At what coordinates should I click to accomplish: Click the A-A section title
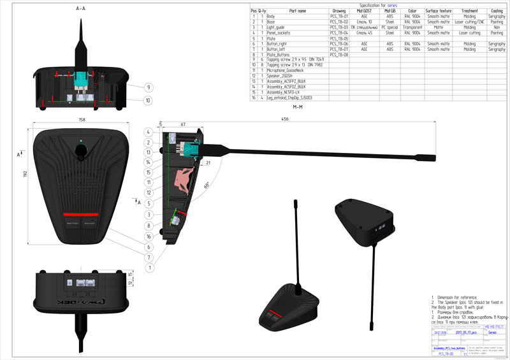pyautogui.click(x=80, y=9)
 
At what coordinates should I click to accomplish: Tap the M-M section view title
pyautogui.click(x=297, y=109)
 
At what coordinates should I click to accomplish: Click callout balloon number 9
pyautogui.click(x=148, y=87)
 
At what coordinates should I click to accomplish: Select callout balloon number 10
pyautogui.click(x=148, y=100)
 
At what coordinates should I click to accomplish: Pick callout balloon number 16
pyautogui.click(x=148, y=236)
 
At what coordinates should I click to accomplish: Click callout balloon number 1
pyautogui.click(x=148, y=268)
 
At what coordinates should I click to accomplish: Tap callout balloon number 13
pyautogui.click(x=148, y=152)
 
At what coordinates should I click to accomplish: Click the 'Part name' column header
pyautogui.click(x=297, y=11)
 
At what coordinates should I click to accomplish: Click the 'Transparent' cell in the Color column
pyautogui.click(x=412, y=27)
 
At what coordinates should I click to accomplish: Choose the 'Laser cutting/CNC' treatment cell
pyautogui.click(x=469, y=22)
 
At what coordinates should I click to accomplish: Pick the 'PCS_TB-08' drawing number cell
pyautogui.click(x=339, y=55)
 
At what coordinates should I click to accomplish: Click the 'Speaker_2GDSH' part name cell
pyautogui.click(x=280, y=76)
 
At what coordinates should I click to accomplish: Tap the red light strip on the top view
pyautogui.click(x=80, y=214)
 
